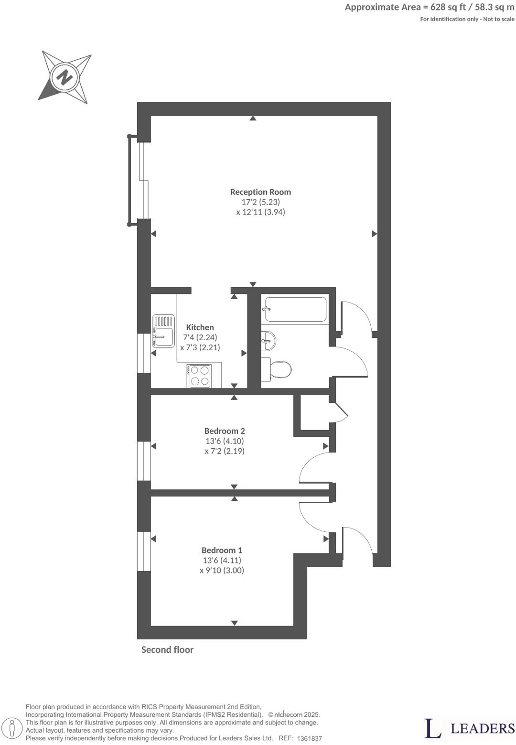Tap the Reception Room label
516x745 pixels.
[x=260, y=192]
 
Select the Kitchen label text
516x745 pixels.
[x=200, y=327]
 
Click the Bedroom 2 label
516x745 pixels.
[x=225, y=431]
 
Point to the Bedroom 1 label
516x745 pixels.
[x=222, y=551]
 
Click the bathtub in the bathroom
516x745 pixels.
[x=296, y=309]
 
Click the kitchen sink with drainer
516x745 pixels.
[x=163, y=331]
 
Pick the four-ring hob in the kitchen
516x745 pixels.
[x=200, y=376]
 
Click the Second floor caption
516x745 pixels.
[x=167, y=650]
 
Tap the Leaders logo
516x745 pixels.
[x=469, y=728]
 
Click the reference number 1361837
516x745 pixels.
[x=309, y=738]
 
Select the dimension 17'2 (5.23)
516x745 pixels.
[x=260, y=202]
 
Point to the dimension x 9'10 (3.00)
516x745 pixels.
[x=222, y=571]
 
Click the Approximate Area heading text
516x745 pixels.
[x=430, y=7]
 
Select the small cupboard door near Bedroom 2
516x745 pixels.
[x=341, y=412]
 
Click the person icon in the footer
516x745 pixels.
[x=15, y=728]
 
